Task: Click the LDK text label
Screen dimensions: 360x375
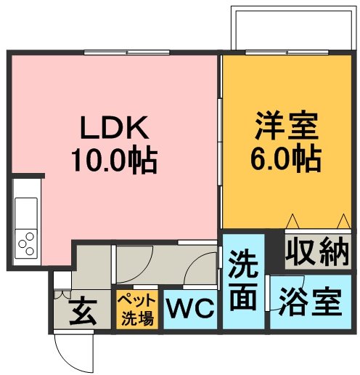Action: [115, 127]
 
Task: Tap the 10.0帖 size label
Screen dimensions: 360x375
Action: [114, 160]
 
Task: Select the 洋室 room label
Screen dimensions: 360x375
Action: [287, 126]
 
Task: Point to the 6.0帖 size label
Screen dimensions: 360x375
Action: [287, 158]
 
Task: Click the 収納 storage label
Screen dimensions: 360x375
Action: [318, 252]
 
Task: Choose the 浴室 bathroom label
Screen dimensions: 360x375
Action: [311, 301]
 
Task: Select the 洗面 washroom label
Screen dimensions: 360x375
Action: [243, 281]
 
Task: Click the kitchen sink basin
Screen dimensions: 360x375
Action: [26, 213]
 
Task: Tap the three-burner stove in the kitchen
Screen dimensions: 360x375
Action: [26, 243]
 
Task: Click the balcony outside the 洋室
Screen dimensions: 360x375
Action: [294, 28]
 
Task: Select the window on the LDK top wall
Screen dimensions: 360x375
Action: [127, 52]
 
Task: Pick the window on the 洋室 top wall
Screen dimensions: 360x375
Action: [287, 52]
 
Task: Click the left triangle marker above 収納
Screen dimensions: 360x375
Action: [292, 221]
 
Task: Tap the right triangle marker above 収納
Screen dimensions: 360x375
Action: [343, 221]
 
